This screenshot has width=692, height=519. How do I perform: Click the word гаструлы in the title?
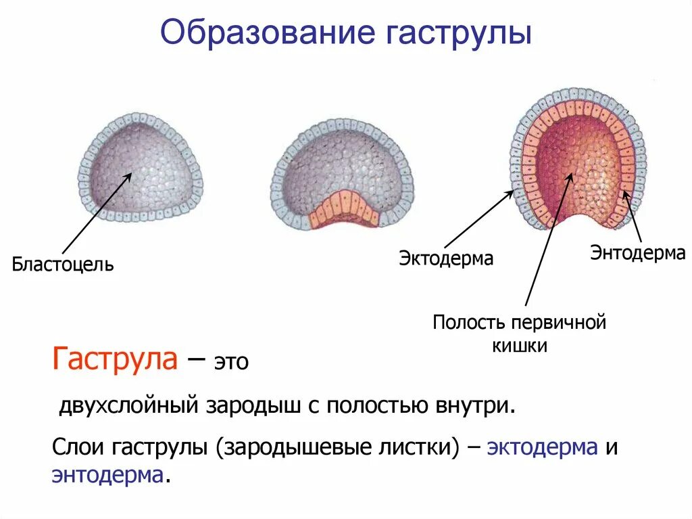[x=459, y=33]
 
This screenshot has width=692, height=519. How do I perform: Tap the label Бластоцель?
[x=63, y=264]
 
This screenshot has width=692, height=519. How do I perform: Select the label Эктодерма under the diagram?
[x=445, y=258]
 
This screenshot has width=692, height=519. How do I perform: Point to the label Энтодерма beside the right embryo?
[x=638, y=253]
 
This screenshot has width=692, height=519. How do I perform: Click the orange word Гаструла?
[x=115, y=359]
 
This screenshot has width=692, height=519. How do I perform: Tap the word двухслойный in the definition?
[x=128, y=406]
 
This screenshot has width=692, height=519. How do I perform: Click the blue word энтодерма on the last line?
[x=107, y=474]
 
